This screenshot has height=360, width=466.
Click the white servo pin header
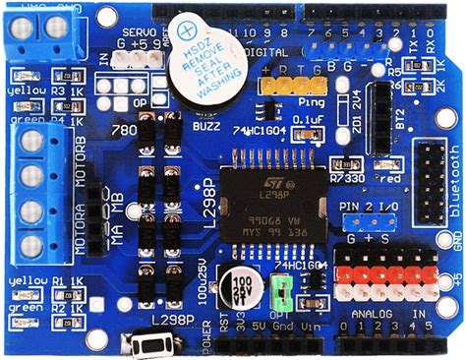tap(135, 60)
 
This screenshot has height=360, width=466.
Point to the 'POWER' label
tap(205, 337)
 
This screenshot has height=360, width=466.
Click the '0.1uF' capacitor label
tap(309, 120)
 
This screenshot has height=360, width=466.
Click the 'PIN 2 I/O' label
tap(371, 210)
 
